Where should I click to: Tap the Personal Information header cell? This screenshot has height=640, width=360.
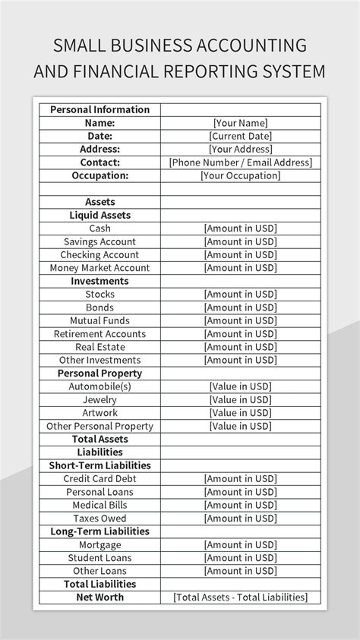[x=99, y=109]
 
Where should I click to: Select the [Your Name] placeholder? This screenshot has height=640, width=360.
[x=240, y=123]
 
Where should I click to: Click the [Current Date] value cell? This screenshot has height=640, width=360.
[x=240, y=136]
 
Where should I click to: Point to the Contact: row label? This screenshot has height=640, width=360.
[x=99, y=162]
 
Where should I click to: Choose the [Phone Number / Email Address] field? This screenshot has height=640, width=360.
[x=240, y=162]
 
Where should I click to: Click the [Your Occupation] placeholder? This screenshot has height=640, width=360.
[x=240, y=175]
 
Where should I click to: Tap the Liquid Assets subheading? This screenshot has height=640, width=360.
[x=99, y=215]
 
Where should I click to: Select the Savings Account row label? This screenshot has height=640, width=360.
[x=99, y=241]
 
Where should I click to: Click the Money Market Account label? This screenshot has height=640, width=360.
[x=99, y=268]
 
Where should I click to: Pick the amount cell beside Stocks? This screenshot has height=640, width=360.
[x=240, y=295]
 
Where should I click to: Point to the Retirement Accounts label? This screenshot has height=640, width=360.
[x=99, y=334]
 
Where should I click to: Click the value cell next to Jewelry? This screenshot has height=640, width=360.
[x=240, y=400]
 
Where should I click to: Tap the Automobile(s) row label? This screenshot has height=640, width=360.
[x=99, y=386]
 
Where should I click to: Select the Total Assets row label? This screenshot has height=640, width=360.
[x=99, y=439]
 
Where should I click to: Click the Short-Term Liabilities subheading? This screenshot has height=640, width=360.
[x=99, y=465]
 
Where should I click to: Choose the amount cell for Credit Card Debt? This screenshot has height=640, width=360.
[x=240, y=479]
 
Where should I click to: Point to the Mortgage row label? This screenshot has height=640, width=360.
[x=99, y=545]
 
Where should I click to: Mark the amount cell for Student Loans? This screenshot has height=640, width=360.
[x=240, y=558]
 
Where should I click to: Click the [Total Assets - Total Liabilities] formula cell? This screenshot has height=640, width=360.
[x=240, y=597]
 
